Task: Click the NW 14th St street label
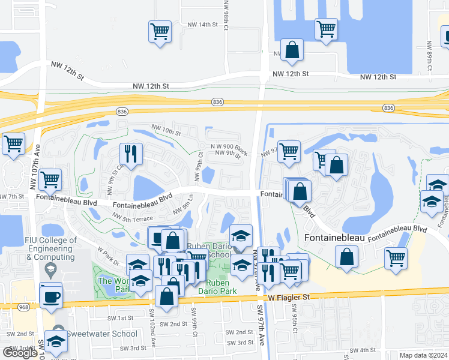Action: coord(201,25)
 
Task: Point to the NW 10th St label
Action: coord(166,130)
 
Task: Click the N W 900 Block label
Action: coord(229,147)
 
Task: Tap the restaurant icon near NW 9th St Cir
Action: coord(130,153)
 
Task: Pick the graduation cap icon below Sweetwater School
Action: coord(56,341)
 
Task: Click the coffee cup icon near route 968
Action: coord(51,295)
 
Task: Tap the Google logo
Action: coord(20,353)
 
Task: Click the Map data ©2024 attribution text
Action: coord(423,355)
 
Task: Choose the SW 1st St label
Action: coord(121,318)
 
